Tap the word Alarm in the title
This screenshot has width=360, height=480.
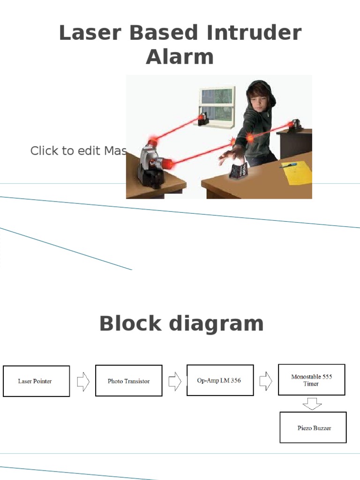pos(180,57)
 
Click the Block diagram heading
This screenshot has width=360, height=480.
pos(181,324)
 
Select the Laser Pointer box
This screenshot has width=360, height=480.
pos(36,381)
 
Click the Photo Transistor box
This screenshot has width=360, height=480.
pos(128,381)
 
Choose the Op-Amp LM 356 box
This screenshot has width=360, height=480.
pos(220,380)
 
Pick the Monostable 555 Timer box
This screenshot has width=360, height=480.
pos(311,380)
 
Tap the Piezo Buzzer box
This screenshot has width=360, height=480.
pos(313,427)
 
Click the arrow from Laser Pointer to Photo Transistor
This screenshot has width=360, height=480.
pos(83,382)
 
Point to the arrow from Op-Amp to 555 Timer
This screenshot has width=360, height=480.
pos(266,380)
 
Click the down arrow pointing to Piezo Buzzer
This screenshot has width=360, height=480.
pos(312,403)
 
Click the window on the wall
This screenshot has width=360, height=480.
pos(217,103)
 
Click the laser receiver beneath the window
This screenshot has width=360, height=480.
pos(203,120)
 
